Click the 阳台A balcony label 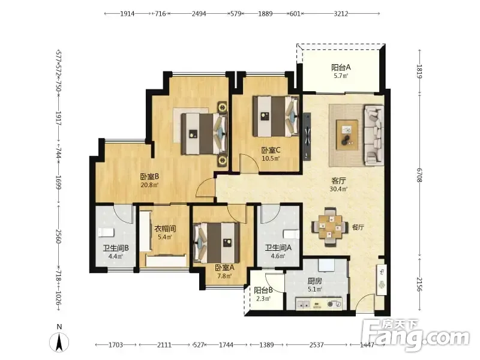coord(341,67)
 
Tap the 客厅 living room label coord(338,181)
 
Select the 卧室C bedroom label coord(271,151)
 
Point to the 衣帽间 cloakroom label coord(165,229)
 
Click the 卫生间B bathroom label coord(116,248)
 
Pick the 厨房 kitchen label coord(314,281)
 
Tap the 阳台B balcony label coord(263,290)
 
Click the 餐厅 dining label coord(358,227)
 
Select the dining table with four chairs coord(330,227)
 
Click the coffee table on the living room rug coord(347,134)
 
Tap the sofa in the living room coord(374,135)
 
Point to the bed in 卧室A coord(217,242)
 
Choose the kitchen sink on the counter coord(303,304)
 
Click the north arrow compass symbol coord(59,342)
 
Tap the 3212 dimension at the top coord(341,13)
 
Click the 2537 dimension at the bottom coord(317,345)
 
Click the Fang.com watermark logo coord(415,335)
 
